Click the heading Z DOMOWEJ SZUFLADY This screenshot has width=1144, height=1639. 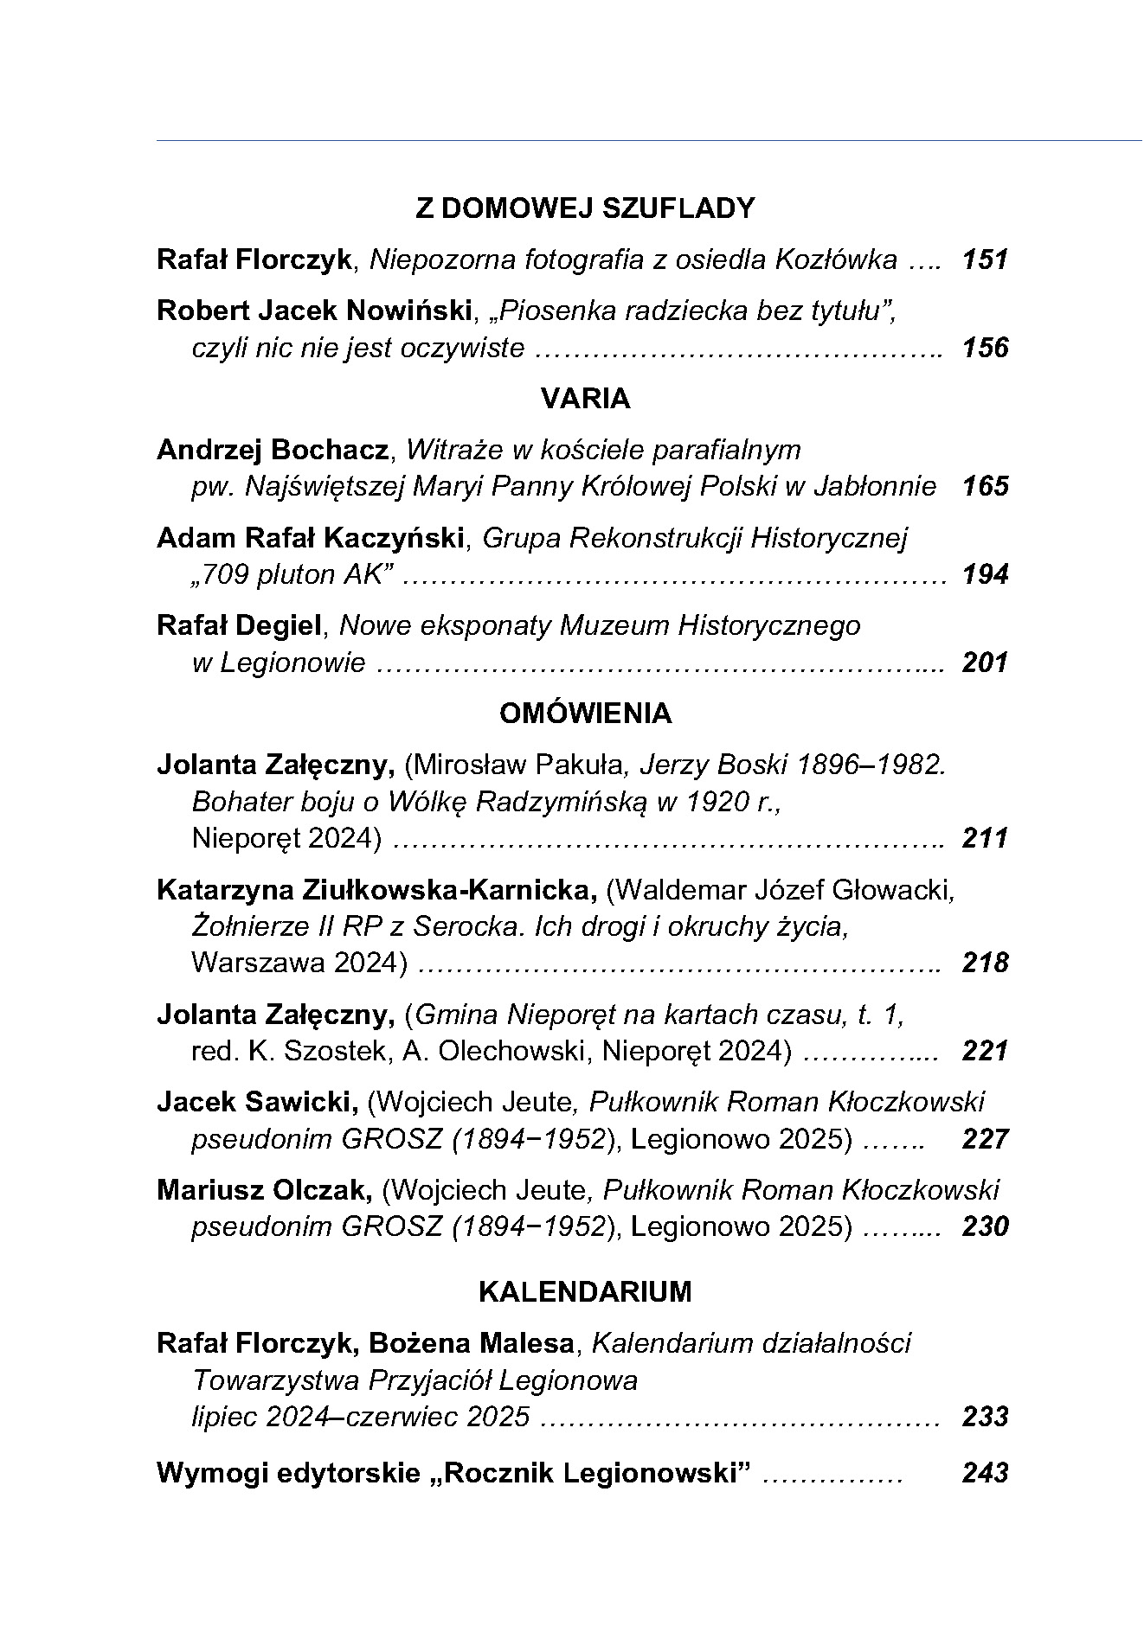(585, 208)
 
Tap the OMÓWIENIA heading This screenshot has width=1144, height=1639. (585, 714)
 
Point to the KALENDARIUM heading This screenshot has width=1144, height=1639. (585, 1292)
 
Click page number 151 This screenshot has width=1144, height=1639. (985, 259)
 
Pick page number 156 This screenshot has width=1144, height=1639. (985, 348)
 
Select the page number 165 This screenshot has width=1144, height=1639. (985, 486)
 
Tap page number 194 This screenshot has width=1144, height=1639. (985, 574)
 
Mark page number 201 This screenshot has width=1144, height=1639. (985, 663)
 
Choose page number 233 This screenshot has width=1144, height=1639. (985, 1417)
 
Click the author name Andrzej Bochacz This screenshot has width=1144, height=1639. (272, 450)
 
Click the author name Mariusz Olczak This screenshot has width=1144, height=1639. (264, 1190)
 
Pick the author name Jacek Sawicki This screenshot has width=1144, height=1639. (257, 1102)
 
